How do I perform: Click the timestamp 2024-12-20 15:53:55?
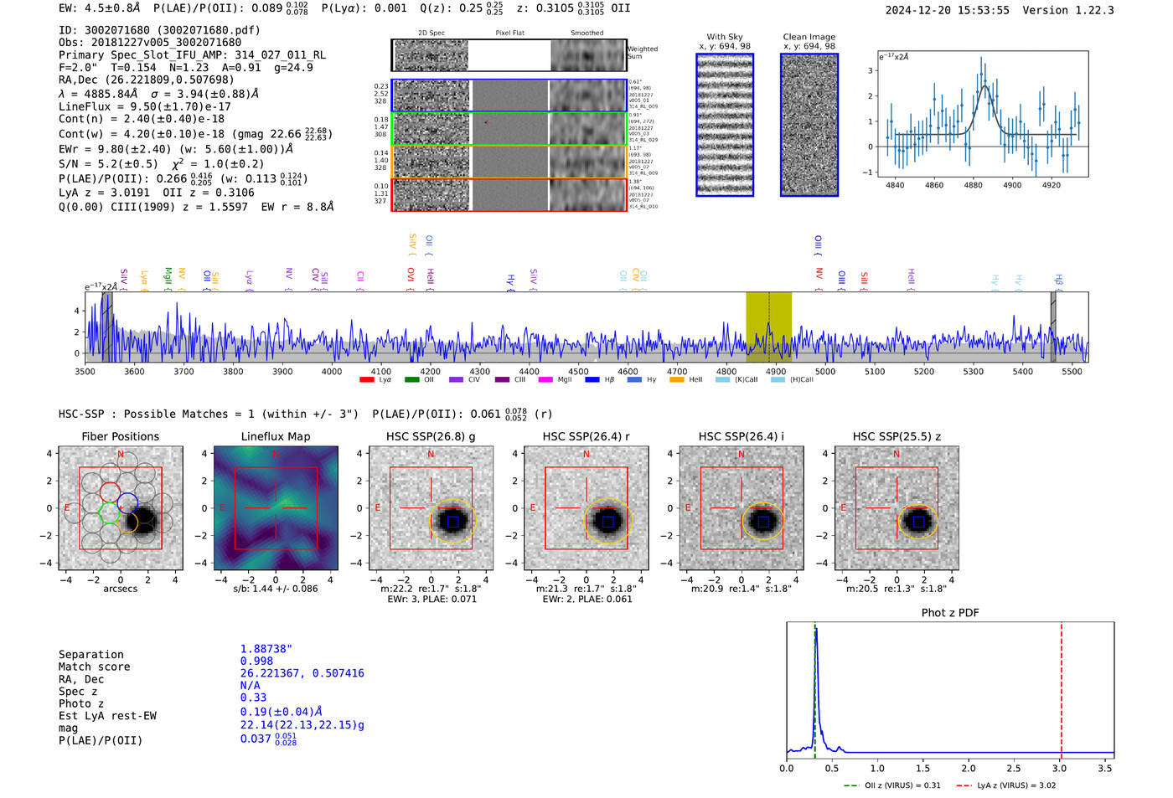click(947, 10)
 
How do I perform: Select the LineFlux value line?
click(144, 106)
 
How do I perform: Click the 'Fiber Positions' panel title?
click(120, 436)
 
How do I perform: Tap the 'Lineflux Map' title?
click(275, 436)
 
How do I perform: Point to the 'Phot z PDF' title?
click(949, 613)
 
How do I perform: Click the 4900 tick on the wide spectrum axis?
click(776, 371)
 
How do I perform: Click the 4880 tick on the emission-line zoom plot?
click(973, 185)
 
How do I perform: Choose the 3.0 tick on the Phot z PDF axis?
click(1059, 768)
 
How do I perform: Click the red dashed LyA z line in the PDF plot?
click(1062, 687)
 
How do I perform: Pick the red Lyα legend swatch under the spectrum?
click(366, 380)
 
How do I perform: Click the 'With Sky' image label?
click(724, 37)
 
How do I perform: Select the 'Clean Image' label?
click(809, 37)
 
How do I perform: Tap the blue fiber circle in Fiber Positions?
click(128, 503)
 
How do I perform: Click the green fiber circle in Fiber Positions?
click(109, 512)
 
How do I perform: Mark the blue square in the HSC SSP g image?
click(453, 522)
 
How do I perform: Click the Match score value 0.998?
click(256, 662)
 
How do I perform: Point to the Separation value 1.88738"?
click(266, 649)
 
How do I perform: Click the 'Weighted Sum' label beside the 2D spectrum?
click(642, 53)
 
